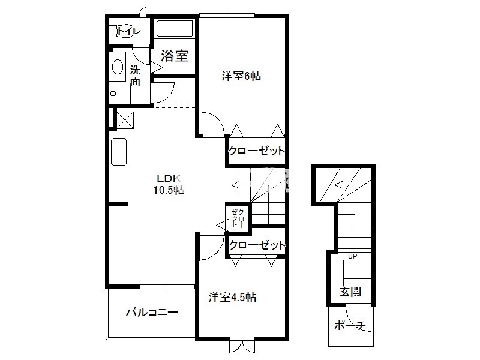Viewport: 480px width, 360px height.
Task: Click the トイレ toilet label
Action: (129, 31)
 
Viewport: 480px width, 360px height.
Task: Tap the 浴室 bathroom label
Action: (175, 56)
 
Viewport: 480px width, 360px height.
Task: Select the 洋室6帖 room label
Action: (241, 76)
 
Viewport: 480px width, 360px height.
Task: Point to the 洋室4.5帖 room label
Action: (233, 297)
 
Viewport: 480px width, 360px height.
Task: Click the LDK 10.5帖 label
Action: (169, 184)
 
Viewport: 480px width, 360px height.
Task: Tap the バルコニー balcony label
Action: (152, 313)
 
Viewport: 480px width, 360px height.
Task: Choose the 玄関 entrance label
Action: (350, 292)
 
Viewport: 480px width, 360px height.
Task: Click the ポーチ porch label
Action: (350, 325)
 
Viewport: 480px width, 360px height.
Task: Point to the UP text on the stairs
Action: (352, 256)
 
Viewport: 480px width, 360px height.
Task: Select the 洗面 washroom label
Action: (135, 76)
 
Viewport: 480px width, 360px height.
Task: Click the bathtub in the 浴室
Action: (174, 28)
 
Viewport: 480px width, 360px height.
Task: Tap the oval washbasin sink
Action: (118, 67)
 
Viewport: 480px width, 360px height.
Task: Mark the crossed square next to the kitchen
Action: (125, 119)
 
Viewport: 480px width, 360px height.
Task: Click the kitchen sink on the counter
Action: (119, 152)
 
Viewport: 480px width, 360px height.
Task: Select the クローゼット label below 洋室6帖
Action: (257, 151)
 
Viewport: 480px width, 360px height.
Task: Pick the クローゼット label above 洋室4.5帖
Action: (257, 245)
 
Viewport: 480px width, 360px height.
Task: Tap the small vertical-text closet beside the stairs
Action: (238, 217)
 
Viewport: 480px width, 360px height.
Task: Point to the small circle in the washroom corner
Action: (113, 94)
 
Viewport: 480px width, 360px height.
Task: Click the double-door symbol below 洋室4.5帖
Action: (242, 345)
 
